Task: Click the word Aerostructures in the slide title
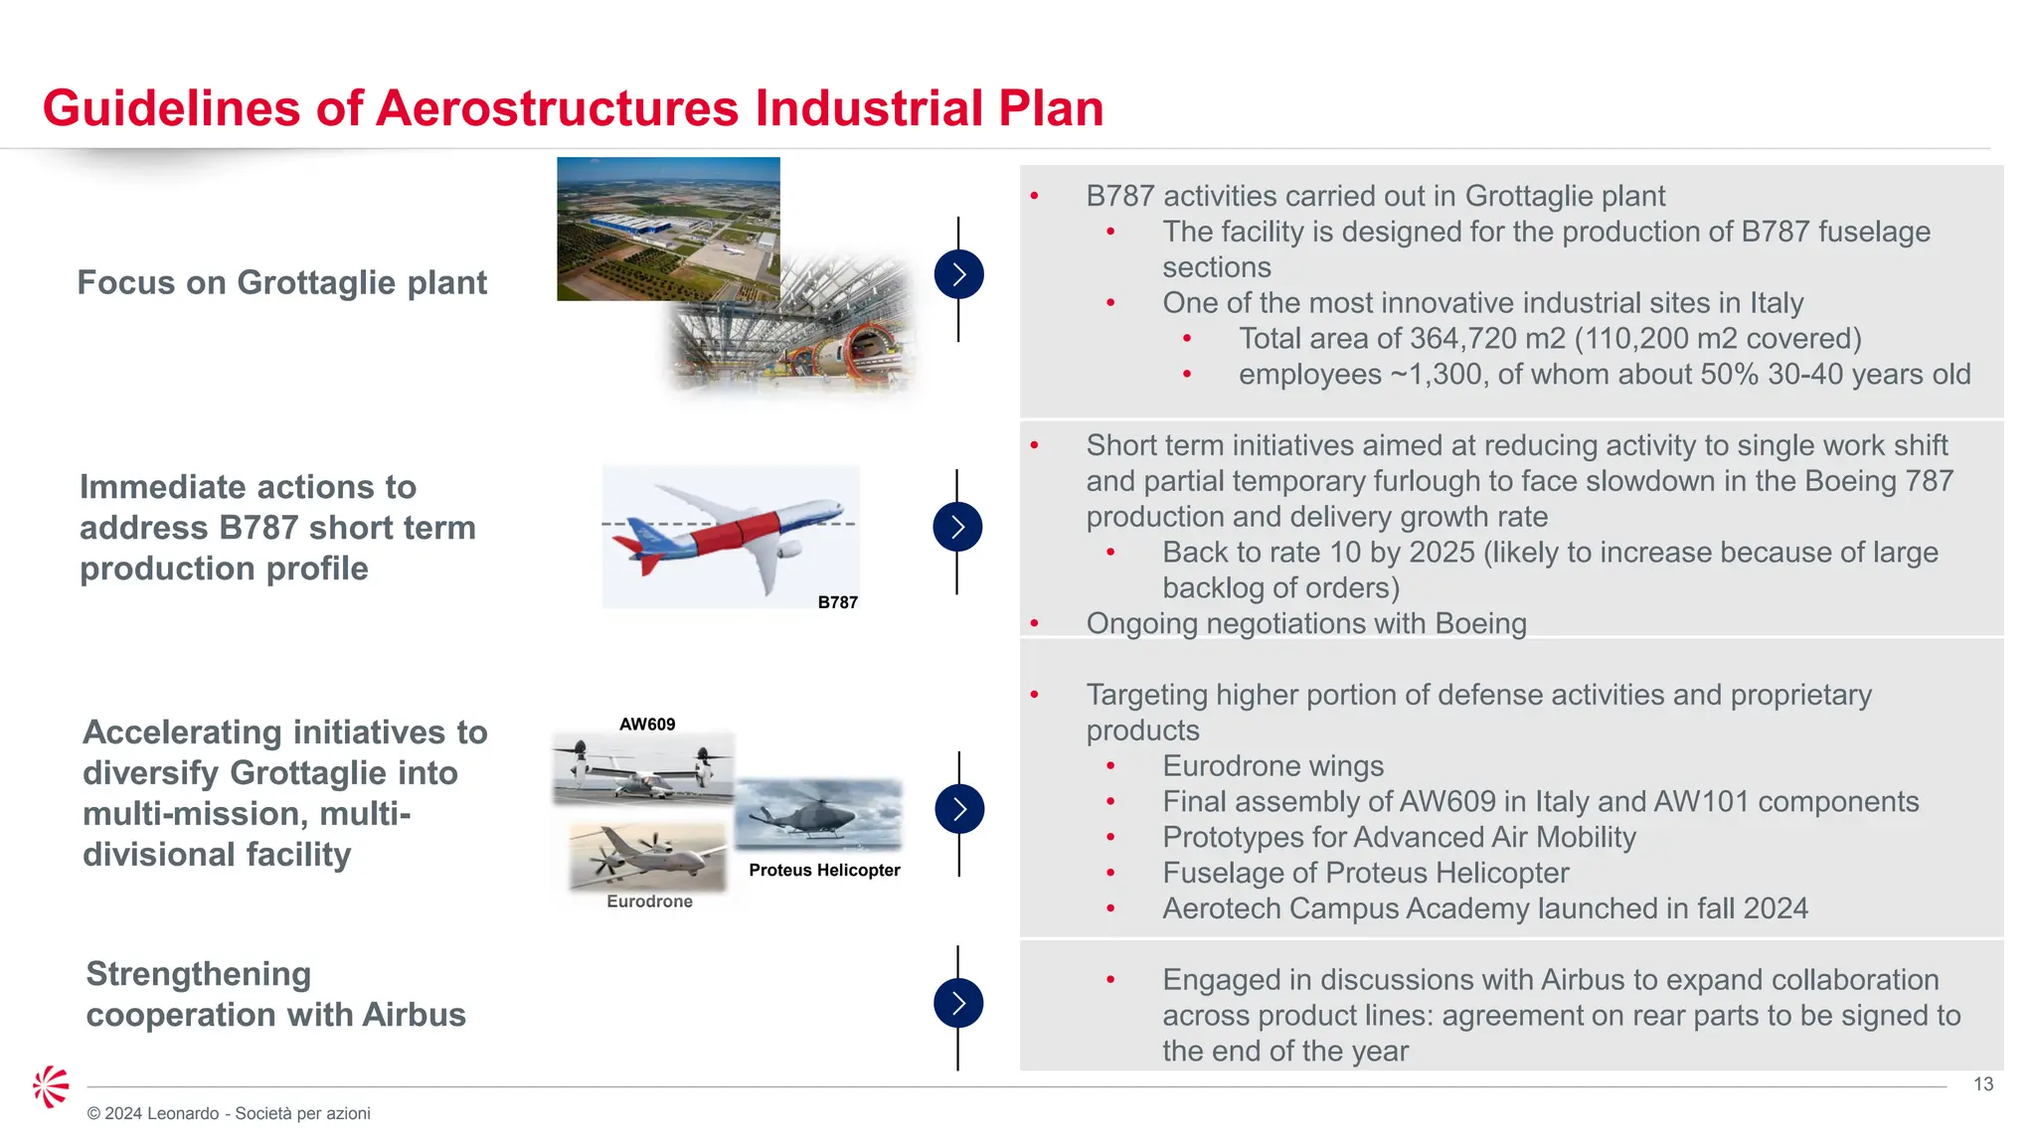557,108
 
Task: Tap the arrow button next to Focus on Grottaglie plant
958,274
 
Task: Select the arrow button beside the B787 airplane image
957,527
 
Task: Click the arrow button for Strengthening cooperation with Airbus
958,1003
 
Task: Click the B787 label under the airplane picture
837,602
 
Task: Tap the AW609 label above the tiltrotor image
647,725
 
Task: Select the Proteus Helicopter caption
824,870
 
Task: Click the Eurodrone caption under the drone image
649,901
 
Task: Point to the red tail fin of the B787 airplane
636,557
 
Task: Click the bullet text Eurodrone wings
1272,766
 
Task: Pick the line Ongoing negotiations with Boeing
1305,624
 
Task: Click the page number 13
1982,1084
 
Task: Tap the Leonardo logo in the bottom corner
51,1086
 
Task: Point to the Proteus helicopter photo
818,815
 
